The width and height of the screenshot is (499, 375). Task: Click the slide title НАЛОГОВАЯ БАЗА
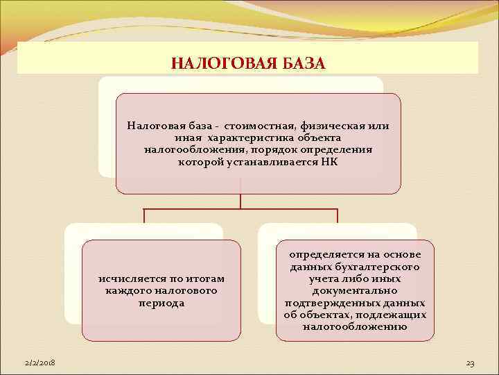[x=247, y=64]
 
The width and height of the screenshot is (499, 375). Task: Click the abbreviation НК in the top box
[x=330, y=162]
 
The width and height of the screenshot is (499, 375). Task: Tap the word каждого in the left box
[x=126, y=290]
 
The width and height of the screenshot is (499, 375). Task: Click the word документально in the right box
[x=354, y=291]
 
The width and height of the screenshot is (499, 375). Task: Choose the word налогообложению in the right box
[x=354, y=326]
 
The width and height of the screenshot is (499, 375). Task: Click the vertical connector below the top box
[x=240, y=200]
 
